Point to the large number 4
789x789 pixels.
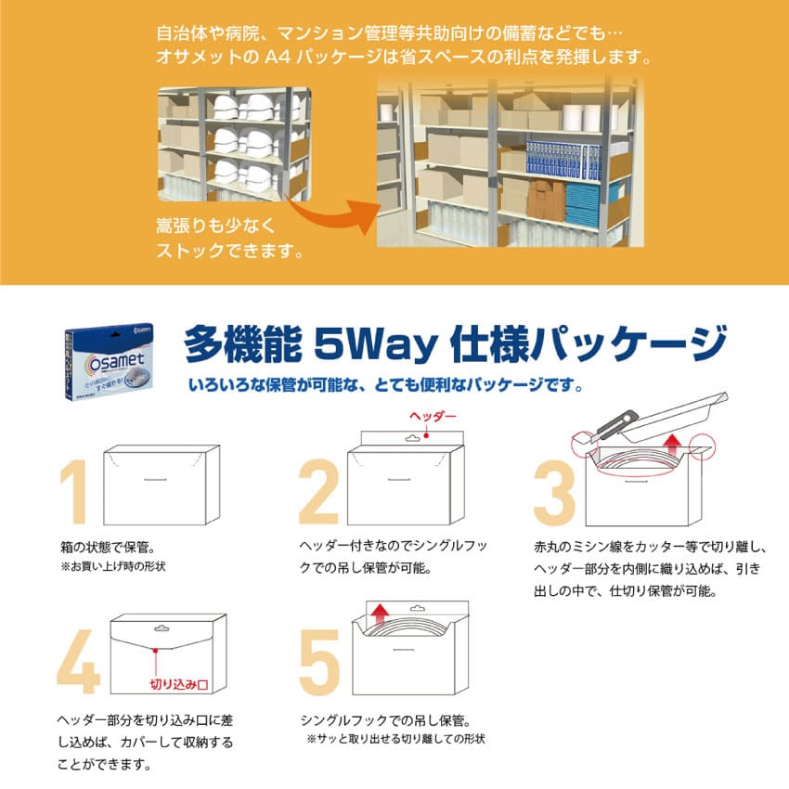[76, 662]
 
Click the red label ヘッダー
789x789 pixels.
[433, 418]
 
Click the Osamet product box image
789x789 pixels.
[105, 360]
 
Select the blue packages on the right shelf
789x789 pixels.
[557, 159]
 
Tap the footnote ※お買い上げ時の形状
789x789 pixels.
[120, 565]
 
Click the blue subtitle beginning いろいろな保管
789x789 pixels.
[388, 383]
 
